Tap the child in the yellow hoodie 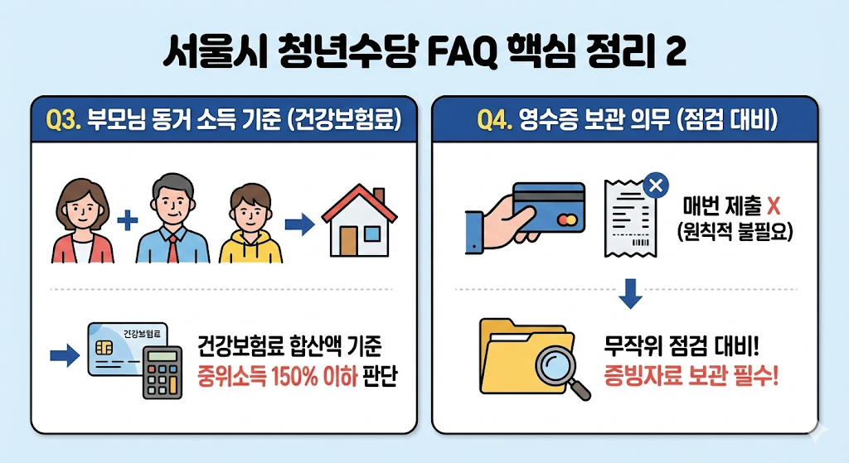250,224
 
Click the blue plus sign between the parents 127,221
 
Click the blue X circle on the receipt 657,186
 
